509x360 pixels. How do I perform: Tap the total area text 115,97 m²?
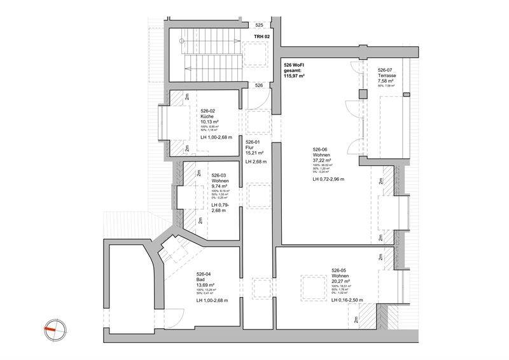coord(293,76)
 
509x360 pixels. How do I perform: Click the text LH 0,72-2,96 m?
coord(328,180)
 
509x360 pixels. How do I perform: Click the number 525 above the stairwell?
coord(259,25)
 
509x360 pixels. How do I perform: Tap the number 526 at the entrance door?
coord(259,85)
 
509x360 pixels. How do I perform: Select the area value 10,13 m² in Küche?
coord(210,121)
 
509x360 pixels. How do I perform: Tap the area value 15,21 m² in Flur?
coord(255,153)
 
